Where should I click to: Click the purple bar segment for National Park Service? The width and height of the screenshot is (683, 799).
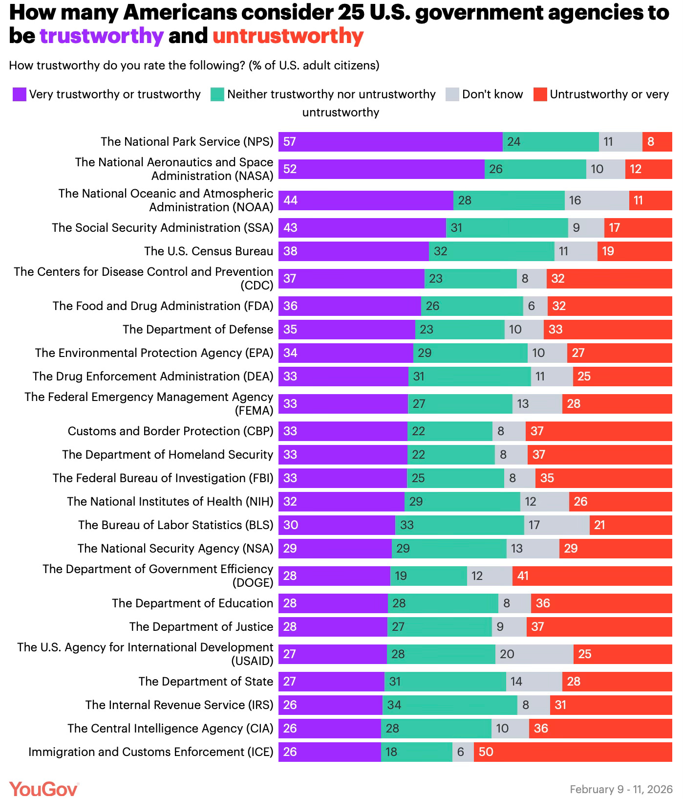tap(390, 142)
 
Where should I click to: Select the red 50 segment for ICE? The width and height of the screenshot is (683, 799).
tap(573, 752)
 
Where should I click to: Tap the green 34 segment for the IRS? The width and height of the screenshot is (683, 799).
tap(449, 705)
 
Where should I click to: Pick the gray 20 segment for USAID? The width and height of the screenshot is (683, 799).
tap(534, 654)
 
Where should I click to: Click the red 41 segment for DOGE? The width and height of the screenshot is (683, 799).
tap(592, 576)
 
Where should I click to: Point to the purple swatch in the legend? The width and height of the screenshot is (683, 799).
tap(19, 94)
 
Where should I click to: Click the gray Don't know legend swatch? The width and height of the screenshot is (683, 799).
tap(452, 94)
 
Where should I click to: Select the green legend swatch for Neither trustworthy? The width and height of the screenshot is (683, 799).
tap(217, 94)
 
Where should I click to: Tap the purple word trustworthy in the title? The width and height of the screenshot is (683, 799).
tap(101, 36)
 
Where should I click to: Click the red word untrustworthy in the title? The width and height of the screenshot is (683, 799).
tap(288, 36)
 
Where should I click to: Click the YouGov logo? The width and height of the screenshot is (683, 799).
tap(43, 789)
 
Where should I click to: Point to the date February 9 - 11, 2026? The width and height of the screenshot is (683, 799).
tap(621, 789)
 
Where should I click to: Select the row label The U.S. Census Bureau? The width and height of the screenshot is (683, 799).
tap(209, 251)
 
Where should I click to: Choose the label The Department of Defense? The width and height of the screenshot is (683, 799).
tap(198, 330)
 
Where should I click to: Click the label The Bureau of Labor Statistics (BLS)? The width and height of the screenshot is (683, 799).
tap(175, 525)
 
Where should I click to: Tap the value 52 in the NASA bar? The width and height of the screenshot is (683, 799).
tap(290, 169)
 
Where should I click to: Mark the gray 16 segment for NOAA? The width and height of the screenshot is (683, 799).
tap(597, 200)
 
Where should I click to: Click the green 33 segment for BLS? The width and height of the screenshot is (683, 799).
tap(459, 525)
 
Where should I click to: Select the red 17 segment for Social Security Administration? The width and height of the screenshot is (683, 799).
tap(638, 228)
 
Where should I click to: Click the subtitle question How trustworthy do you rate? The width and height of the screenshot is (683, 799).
tap(194, 66)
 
